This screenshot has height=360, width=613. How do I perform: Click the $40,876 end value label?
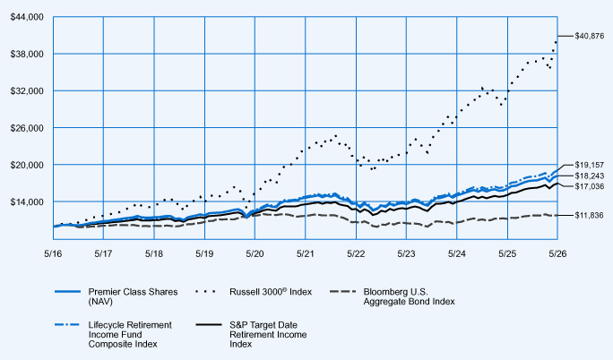[589, 37]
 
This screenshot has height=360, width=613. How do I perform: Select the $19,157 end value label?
[589, 165]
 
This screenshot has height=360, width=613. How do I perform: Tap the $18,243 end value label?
[589, 176]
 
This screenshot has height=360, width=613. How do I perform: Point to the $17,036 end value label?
[589, 186]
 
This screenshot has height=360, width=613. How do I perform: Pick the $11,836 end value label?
[589, 216]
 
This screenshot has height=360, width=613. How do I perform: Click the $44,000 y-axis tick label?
[27, 17]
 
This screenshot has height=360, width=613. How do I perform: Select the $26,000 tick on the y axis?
[27, 128]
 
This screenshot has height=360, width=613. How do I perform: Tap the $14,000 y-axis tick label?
[27, 201]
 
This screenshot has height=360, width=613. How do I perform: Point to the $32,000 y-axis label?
[27, 91]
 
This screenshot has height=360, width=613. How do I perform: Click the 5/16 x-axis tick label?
[53, 253]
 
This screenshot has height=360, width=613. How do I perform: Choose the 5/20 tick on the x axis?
[255, 253]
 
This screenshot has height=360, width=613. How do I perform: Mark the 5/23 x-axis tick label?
[406, 253]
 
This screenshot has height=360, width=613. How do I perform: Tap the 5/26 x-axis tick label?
[557, 253]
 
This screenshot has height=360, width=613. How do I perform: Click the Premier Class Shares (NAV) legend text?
[133, 296]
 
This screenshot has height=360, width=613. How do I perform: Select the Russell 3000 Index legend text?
[271, 292]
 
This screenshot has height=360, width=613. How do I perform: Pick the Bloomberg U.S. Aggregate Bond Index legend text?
[409, 296]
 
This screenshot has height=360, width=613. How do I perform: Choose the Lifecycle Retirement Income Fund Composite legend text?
[130, 335]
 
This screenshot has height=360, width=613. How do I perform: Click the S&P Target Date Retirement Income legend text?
[268, 335]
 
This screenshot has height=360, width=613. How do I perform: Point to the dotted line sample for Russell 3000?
[205, 292]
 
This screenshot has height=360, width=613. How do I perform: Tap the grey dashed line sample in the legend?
[343, 292]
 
